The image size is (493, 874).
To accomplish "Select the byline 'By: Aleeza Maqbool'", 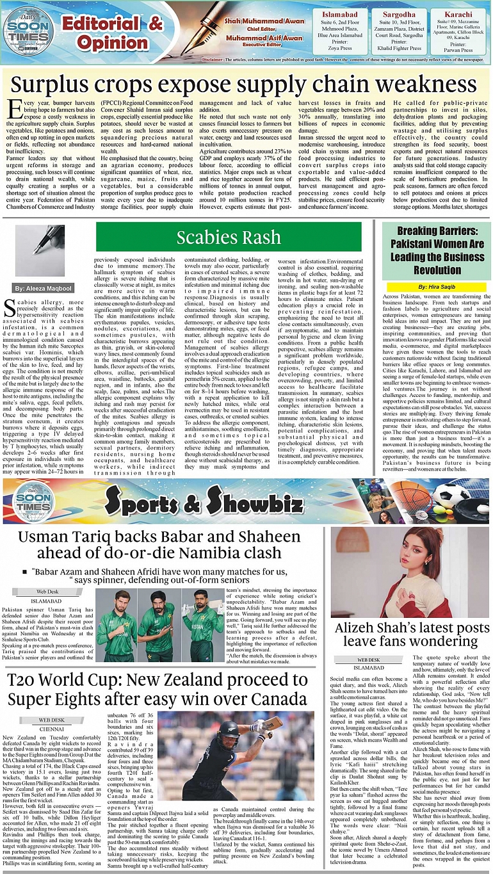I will [x=44, y=271].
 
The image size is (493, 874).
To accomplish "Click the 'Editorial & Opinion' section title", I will [x=112, y=33].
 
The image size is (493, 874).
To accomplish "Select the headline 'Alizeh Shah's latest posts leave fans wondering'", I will [x=407, y=633].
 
